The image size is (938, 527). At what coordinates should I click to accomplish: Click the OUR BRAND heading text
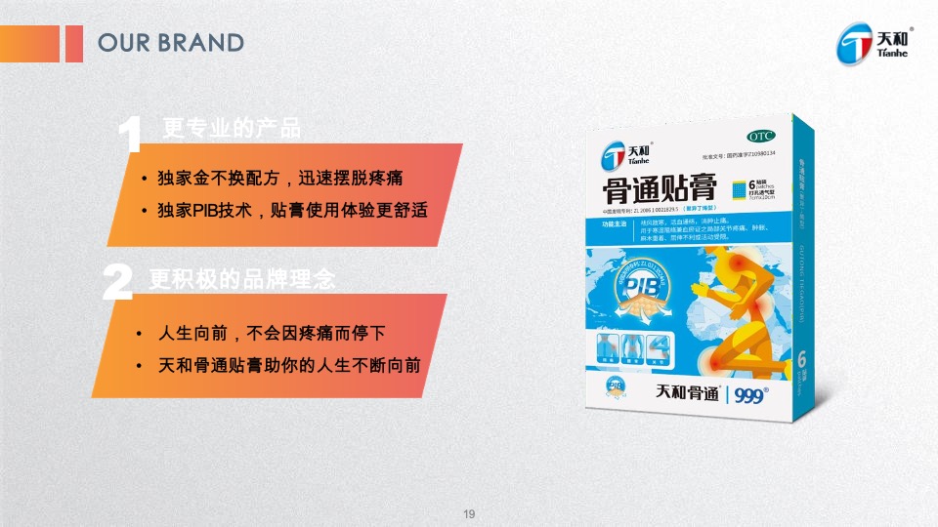click(x=171, y=43)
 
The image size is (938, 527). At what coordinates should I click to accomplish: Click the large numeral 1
click(x=130, y=135)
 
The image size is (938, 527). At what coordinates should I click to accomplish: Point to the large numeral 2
click(x=117, y=282)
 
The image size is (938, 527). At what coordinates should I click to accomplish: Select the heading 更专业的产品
click(x=232, y=128)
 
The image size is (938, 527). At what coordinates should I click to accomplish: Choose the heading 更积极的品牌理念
click(x=242, y=280)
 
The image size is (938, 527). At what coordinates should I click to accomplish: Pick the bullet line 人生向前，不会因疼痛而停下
click(x=272, y=334)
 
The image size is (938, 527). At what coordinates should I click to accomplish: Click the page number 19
click(x=469, y=514)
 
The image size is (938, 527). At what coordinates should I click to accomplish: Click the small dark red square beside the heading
click(x=73, y=43)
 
